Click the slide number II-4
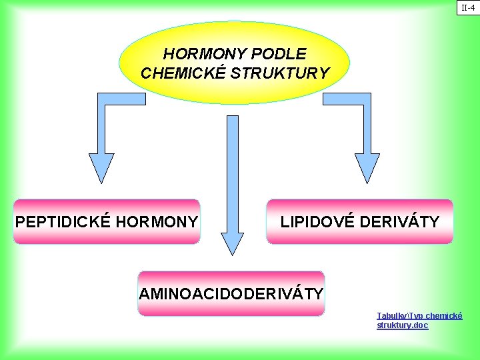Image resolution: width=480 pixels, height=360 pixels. tap(467, 8)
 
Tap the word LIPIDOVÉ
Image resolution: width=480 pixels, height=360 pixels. tap(317, 221)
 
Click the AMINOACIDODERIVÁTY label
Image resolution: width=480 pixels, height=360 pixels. tap(231, 293)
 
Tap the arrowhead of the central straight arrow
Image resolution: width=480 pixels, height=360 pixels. tap(233, 243)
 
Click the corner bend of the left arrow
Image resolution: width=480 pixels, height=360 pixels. tap(103, 99)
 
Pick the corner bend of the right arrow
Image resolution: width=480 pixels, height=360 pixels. tap(365, 99)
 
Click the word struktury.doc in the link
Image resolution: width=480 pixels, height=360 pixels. tap(402, 325)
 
